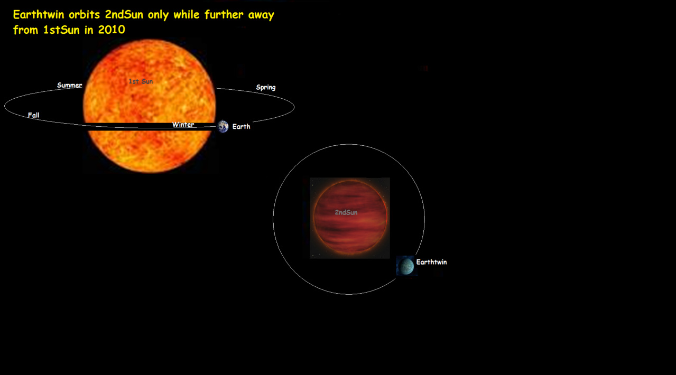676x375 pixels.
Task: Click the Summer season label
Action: click(69, 85)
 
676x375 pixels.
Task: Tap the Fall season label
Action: click(33, 115)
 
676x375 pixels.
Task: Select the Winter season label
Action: click(183, 124)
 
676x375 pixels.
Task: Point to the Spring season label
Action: click(265, 88)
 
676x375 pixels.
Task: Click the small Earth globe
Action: click(223, 126)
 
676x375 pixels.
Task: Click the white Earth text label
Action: click(241, 126)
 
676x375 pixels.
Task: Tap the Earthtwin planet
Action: click(406, 266)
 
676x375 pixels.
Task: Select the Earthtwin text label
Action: click(431, 262)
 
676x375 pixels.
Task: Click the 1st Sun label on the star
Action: click(141, 81)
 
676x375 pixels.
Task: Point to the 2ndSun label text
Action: click(346, 212)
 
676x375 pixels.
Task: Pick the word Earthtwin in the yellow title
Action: click(39, 14)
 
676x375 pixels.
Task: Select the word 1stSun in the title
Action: click(61, 30)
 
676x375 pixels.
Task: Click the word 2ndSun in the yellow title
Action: click(124, 14)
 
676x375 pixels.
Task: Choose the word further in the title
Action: click(224, 14)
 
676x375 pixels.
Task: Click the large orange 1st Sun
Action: click(150, 106)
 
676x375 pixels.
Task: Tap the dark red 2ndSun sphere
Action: click(350, 217)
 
